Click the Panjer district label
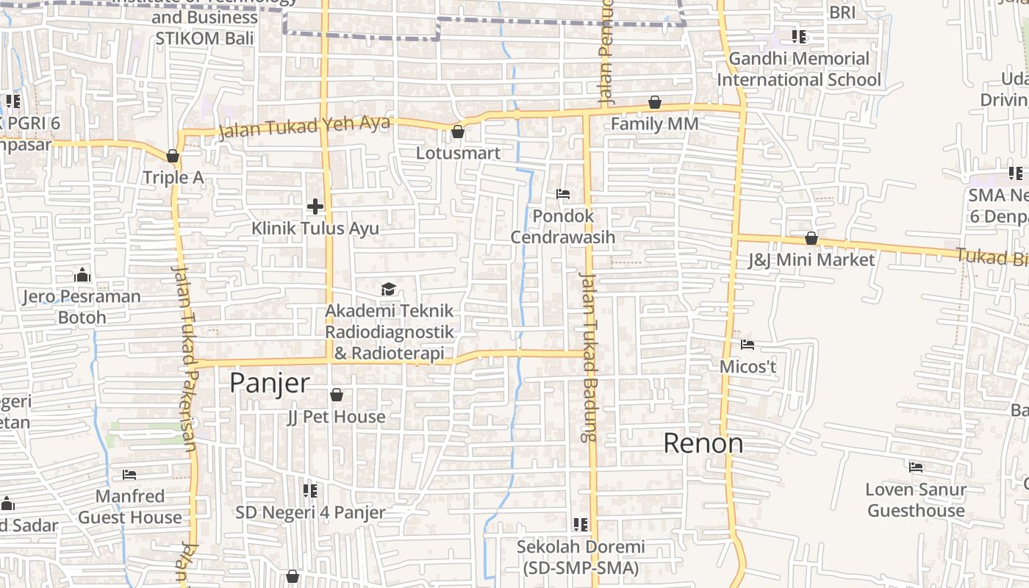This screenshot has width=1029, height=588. [269, 383]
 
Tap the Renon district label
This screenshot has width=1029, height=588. [703, 443]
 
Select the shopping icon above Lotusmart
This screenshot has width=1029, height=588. [458, 132]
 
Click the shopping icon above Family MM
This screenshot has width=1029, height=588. [655, 103]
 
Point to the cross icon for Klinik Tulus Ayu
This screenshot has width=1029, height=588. [315, 207]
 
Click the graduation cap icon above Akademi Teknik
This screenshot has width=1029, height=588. [389, 289]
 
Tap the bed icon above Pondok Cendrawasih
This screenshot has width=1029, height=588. [563, 195]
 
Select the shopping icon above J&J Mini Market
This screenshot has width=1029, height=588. [811, 239]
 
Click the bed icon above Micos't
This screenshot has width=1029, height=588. [747, 345]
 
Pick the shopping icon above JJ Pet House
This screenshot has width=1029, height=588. [337, 395]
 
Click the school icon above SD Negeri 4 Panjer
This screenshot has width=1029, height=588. [310, 490]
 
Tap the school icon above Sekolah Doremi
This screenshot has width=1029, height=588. [581, 525]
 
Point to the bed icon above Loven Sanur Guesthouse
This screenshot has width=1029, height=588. [915, 467]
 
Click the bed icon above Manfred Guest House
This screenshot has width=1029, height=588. [130, 475]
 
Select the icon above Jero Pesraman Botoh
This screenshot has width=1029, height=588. [82, 275]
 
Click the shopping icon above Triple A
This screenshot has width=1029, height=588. [173, 156]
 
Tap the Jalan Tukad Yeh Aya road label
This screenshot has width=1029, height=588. [304, 127]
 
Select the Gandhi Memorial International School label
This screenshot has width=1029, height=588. [799, 69]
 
